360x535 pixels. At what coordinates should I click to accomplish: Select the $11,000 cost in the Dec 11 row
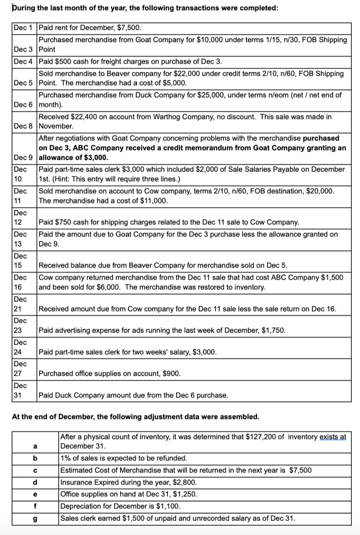click(x=153, y=200)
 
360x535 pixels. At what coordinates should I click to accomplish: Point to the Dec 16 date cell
click(x=20, y=282)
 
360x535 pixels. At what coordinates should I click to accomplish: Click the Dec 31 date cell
click(x=20, y=390)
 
